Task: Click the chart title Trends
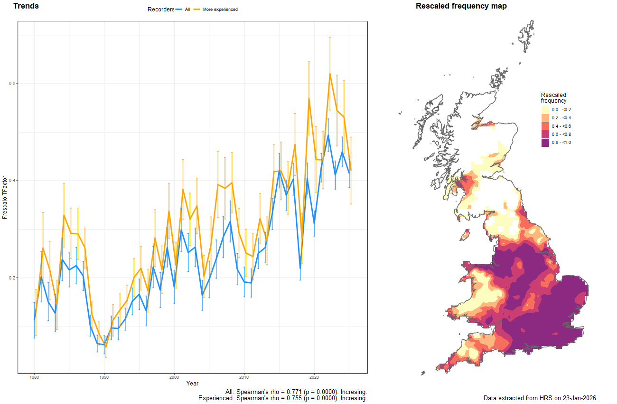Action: (x=26, y=6)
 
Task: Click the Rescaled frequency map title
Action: (x=461, y=6)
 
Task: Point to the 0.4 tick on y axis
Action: (x=12, y=181)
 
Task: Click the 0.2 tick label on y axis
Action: (x=12, y=278)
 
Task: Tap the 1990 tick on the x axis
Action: (x=104, y=377)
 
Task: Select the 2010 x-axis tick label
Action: (x=244, y=377)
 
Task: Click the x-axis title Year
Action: (x=192, y=384)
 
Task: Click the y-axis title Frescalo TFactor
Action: (x=5, y=197)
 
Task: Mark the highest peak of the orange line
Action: (x=330, y=74)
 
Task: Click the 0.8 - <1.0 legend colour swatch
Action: (x=545, y=143)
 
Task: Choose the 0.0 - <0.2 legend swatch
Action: (x=545, y=110)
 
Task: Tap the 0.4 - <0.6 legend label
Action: (x=561, y=126)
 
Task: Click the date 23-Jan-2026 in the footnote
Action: (x=580, y=397)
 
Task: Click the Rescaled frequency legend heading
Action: (x=553, y=98)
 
